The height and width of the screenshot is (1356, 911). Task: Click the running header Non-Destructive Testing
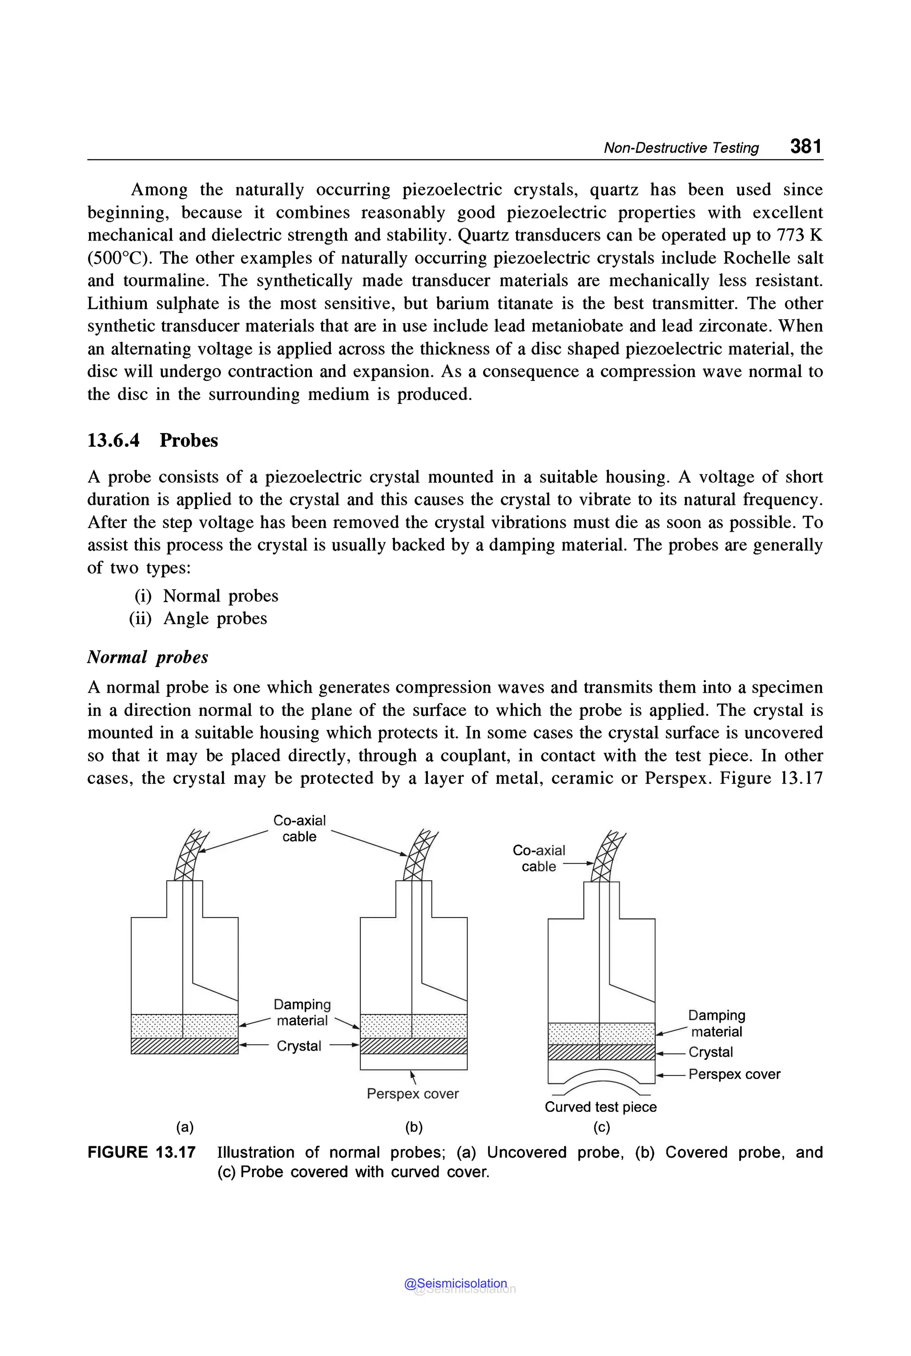point(681,148)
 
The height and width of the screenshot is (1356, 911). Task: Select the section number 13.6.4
point(113,440)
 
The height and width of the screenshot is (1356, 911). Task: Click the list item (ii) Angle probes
point(198,618)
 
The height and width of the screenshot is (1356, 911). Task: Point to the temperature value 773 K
point(799,235)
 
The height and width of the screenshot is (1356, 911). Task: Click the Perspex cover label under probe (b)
point(412,1094)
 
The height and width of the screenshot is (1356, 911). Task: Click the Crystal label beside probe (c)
point(710,1052)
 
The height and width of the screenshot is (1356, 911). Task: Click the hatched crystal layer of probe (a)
point(184,1046)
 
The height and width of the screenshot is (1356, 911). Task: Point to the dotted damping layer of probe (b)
point(413,1026)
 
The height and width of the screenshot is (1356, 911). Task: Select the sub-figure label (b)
point(414,1127)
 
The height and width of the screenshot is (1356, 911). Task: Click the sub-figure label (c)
point(601,1127)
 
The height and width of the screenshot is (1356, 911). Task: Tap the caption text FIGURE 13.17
point(141,1153)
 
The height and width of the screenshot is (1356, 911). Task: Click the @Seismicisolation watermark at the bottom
point(455,1284)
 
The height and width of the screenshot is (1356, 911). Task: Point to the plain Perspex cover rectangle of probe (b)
point(413,1062)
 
